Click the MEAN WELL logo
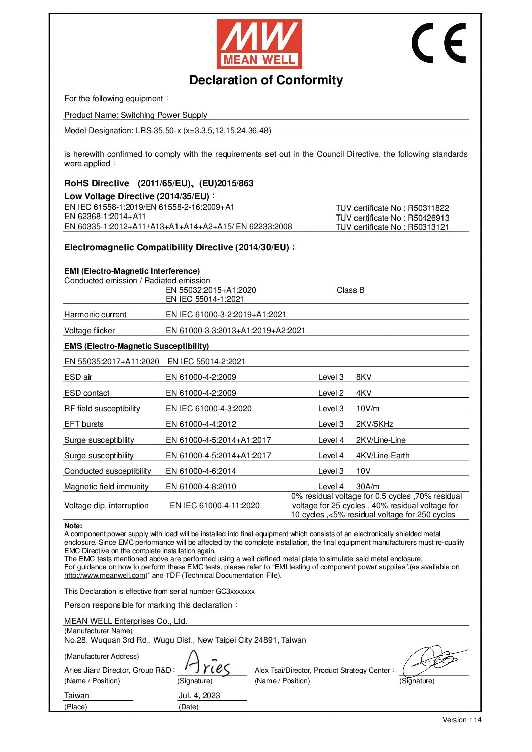click(x=259, y=44)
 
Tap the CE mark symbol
click(x=438, y=43)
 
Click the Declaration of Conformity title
click(x=266, y=80)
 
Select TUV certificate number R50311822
click(x=392, y=208)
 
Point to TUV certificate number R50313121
click(x=392, y=227)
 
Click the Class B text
click(x=350, y=290)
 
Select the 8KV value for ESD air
click(x=364, y=377)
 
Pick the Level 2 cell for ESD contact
click(x=331, y=393)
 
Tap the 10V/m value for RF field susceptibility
click(x=368, y=408)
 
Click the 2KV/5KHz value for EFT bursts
click(x=374, y=424)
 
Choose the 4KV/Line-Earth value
click(x=382, y=455)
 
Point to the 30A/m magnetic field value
click(x=368, y=486)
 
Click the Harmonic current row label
click(x=95, y=314)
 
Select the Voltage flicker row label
click(x=90, y=330)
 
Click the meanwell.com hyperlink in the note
click(x=105, y=575)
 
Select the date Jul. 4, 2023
click(x=199, y=695)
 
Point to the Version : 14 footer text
click(x=462, y=720)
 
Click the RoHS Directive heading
click(x=97, y=183)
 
